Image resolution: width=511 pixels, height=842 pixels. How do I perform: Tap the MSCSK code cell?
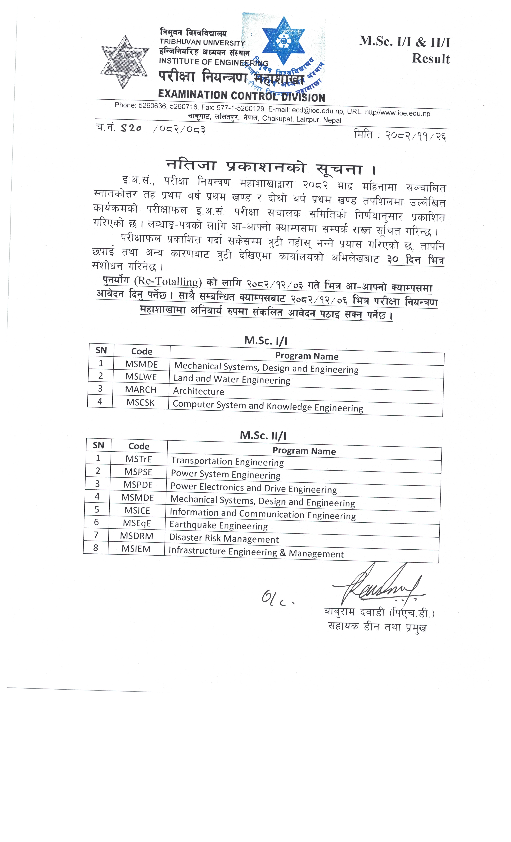tap(140, 402)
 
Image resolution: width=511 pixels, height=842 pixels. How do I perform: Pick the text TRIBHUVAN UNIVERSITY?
tap(202, 43)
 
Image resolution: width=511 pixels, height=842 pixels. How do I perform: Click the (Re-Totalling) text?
tap(168, 282)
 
